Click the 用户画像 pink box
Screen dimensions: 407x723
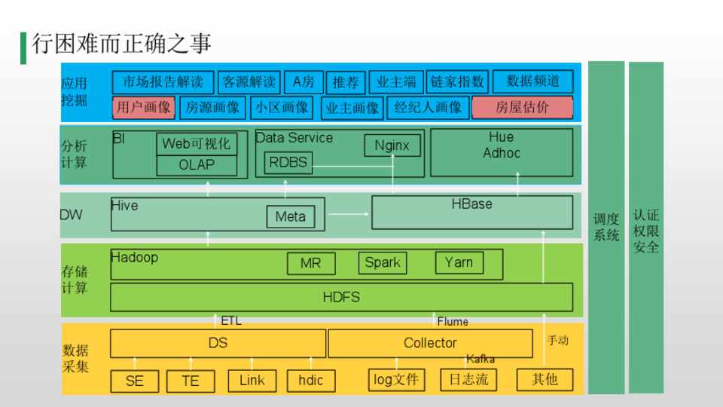tap(144, 107)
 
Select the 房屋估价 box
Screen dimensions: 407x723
tap(522, 107)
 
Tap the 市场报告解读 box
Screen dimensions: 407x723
tap(163, 82)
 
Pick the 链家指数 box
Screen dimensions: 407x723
tap(458, 82)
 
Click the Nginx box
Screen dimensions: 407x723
tap(392, 145)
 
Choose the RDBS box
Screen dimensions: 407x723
tap(288, 162)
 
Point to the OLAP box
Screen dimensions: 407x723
tap(197, 165)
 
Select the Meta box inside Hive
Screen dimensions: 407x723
tap(290, 217)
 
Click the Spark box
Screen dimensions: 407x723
tap(383, 262)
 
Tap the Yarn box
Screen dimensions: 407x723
tap(459, 262)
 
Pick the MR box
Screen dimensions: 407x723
tap(310, 264)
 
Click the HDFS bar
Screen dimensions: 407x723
tap(341, 297)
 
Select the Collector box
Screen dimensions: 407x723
tap(430, 343)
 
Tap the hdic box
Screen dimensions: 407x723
tap(310, 381)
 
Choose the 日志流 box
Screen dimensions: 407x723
tap(468, 380)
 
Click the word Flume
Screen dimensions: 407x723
tap(453, 322)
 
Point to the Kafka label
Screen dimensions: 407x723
tap(480, 359)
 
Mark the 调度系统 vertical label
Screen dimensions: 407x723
tap(606, 227)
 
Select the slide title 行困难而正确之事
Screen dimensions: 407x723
tap(121, 44)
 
